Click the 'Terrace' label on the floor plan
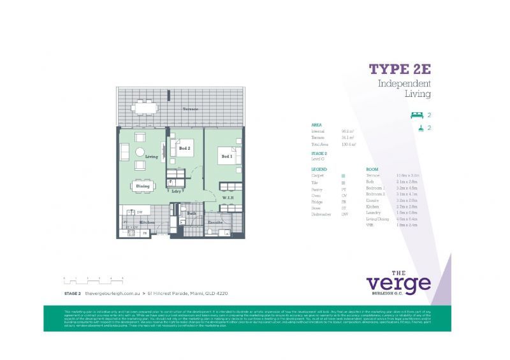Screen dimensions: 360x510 click(190, 109)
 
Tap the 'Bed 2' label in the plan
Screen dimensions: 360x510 click(185, 148)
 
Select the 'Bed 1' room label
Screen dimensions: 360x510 click(226, 156)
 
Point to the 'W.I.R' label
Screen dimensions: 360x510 click(228, 197)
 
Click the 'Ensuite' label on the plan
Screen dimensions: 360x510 click(215, 222)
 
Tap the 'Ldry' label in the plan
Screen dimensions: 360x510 click(176, 191)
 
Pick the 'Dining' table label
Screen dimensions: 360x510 click(143, 186)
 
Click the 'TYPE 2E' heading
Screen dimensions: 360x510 click(400, 69)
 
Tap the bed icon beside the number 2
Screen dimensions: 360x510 click(416, 115)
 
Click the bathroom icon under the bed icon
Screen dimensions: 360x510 click(416, 128)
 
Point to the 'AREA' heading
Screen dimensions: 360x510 click(316, 125)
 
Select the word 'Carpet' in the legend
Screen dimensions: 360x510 click(317, 175)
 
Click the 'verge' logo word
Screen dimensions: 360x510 click(398, 282)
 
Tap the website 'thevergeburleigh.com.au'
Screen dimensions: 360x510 click(112, 293)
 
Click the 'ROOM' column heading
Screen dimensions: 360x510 click(372, 169)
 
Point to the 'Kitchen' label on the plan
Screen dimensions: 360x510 click(147, 222)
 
